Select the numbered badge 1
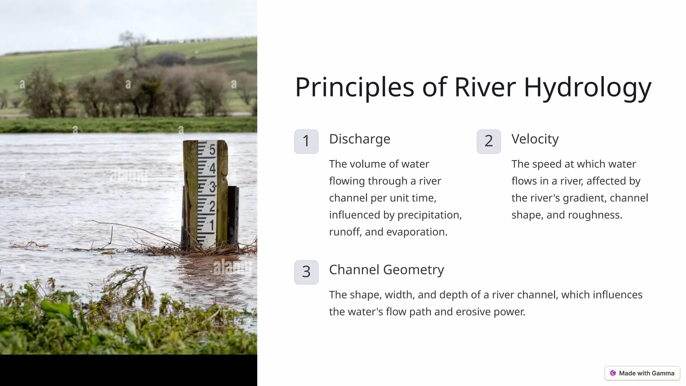point(306,141)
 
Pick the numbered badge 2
point(489,141)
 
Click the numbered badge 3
point(306,272)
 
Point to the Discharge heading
point(359,139)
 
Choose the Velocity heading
point(535,139)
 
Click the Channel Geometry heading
point(386,270)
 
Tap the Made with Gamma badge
point(642,373)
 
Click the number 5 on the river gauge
point(212,150)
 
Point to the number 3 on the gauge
point(212,187)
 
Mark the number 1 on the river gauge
point(212,225)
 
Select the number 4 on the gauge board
point(212,168)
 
